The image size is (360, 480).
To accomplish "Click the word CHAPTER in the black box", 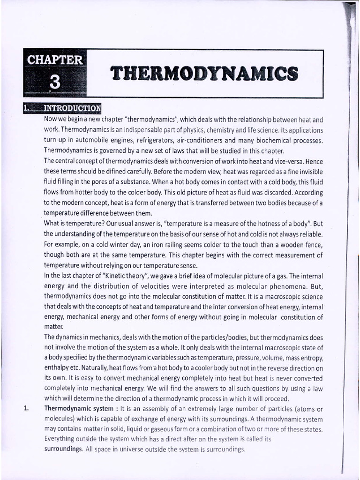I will (55, 60).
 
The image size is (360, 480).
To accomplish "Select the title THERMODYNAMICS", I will (203, 74).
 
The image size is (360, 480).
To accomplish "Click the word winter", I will (129, 244).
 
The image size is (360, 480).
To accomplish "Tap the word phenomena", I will (286, 286).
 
